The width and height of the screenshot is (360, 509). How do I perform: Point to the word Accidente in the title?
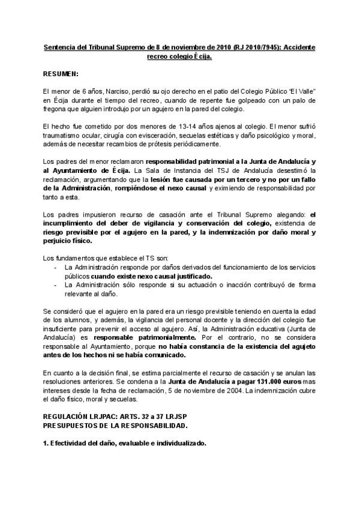click(x=298, y=47)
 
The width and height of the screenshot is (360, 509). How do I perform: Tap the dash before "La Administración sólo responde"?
click(x=56, y=285)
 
